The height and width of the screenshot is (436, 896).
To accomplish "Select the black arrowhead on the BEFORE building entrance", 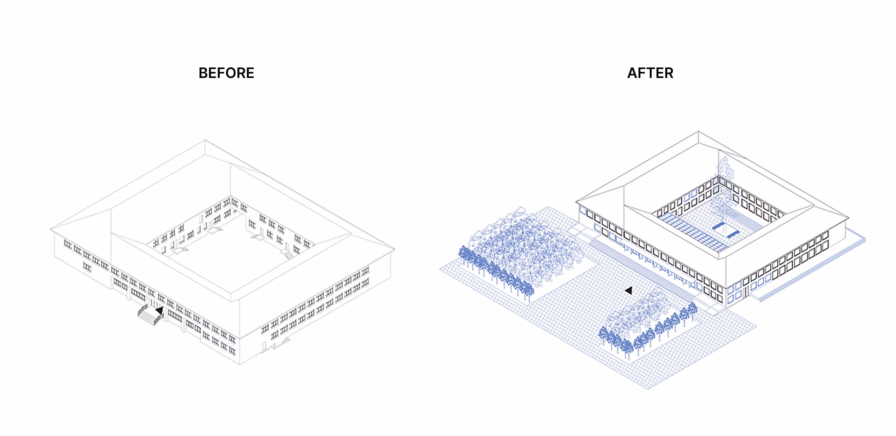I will (x=159, y=310).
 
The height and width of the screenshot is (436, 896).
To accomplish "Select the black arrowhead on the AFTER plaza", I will (x=628, y=290).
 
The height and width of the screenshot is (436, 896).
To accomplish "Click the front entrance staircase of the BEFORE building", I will (x=150, y=315).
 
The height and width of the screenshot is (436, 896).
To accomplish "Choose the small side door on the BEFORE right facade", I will (x=264, y=346).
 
